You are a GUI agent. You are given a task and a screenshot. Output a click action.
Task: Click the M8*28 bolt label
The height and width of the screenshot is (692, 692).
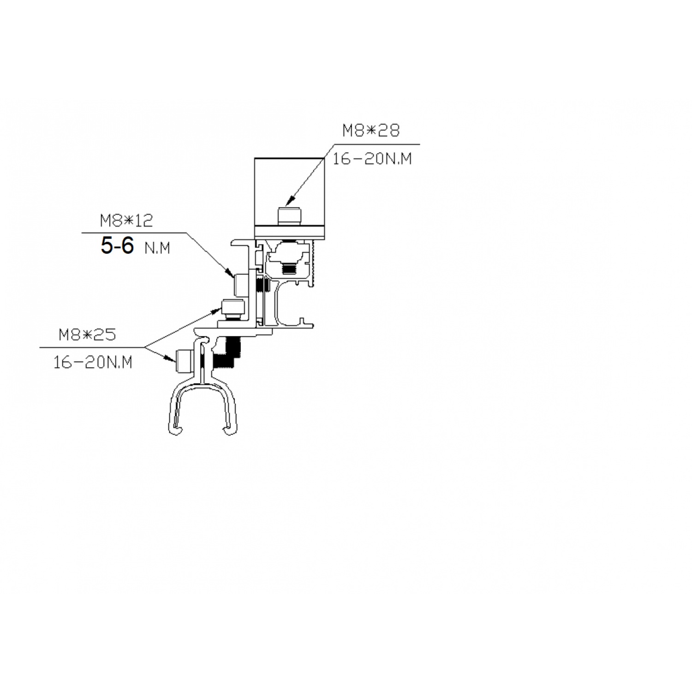371,131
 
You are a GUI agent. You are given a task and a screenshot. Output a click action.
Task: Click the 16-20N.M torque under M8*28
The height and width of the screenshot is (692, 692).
372,159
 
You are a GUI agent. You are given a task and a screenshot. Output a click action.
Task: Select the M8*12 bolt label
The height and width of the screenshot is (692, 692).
126,221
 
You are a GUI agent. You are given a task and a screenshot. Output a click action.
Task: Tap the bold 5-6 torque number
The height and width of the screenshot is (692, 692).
117,246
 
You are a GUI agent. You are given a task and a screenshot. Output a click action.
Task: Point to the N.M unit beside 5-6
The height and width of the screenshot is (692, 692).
157,249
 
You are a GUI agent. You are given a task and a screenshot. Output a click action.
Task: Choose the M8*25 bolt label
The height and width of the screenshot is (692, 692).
87,334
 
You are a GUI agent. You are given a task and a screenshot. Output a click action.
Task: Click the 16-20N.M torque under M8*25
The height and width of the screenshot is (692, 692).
93,363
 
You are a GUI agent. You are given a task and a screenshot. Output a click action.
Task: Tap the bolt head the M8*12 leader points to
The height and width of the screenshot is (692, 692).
241,285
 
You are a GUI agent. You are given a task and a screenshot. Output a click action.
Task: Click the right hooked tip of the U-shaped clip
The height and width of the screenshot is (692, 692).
228,431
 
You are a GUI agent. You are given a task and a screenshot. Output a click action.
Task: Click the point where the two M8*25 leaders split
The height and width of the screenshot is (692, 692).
145,347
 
